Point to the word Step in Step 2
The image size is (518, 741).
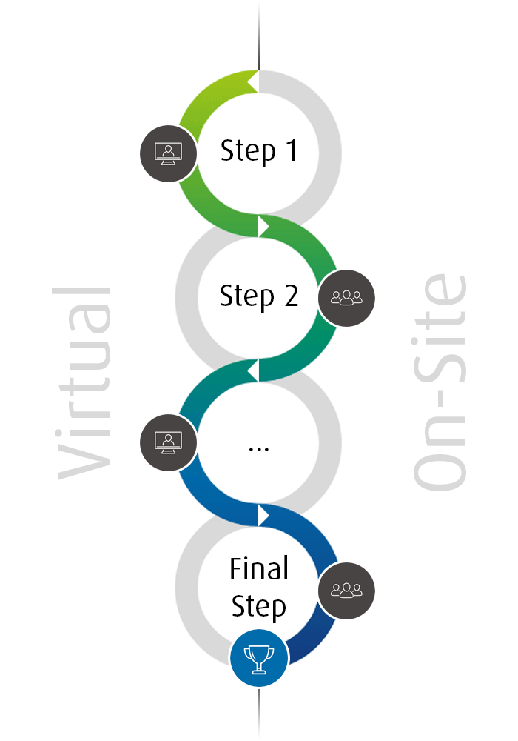(x=247, y=297)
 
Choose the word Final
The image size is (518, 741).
(x=259, y=569)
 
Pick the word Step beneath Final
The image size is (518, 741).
(x=259, y=607)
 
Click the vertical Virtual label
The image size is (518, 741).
(x=83, y=382)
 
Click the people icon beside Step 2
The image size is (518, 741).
(x=346, y=298)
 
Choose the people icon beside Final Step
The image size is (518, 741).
(x=346, y=591)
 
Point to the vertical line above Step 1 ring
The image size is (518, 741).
(x=258, y=33)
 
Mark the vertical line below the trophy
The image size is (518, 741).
(x=258, y=711)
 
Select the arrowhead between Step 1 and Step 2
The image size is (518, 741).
(x=264, y=225)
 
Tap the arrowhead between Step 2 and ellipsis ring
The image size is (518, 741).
(x=252, y=370)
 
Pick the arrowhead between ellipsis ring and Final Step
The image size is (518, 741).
(x=264, y=515)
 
